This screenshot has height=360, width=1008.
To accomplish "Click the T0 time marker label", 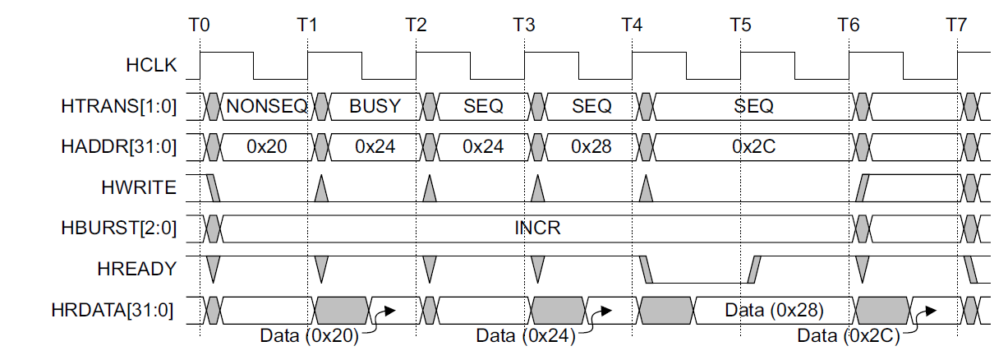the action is (199, 25).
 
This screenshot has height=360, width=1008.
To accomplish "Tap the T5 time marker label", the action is (740, 25).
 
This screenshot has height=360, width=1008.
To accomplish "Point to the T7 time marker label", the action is (956, 25).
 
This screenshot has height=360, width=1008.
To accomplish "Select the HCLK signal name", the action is (151, 65).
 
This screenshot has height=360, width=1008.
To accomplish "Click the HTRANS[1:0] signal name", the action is (119, 107).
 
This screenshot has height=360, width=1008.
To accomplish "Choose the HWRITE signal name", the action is (139, 187).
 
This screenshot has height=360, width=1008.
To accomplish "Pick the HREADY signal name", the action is (137, 269).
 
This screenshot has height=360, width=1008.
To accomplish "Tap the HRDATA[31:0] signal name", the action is (112, 310).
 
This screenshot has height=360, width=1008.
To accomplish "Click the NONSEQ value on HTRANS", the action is (267, 106).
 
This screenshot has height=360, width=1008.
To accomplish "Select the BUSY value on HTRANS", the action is (375, 106).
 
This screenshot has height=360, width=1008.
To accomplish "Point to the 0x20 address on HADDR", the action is (267, 146).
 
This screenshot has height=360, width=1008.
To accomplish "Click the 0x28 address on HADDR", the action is (591, 146).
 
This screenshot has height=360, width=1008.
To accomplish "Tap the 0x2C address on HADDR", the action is (754, 146).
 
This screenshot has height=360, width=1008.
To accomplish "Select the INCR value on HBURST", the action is (538, 228).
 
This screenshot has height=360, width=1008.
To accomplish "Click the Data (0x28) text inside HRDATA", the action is (774, 310).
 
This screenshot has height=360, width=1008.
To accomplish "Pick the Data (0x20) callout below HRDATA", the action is (309, 335).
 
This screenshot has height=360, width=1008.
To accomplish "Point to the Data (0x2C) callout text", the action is (849, 335).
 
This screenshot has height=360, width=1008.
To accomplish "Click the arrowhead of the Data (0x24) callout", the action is (606, 311).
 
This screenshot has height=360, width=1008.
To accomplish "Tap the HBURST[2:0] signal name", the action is (119, 228).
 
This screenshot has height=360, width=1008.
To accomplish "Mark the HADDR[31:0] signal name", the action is (119, 146).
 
